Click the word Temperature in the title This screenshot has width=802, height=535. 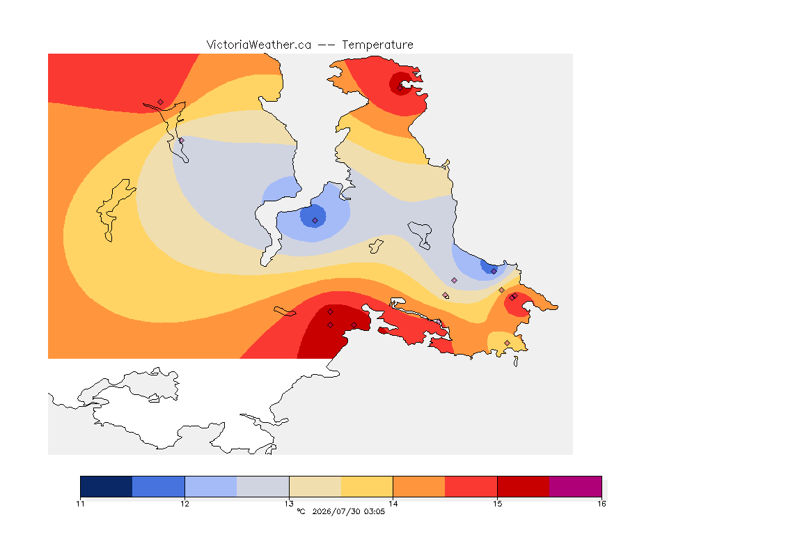[x=377, y=45]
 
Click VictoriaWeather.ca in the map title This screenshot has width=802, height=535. [x=259, y=45]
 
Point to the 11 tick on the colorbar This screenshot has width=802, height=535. [x=80, y=504]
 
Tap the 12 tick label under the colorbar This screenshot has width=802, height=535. [x=184, y=504]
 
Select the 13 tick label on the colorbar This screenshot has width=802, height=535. [x=289, y=504]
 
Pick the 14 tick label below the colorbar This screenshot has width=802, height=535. [x=393, y=504]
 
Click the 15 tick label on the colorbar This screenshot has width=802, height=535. [x=497, y=504]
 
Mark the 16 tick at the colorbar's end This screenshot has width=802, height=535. [x=601, y=504]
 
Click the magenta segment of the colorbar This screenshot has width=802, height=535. [x=576, y=486]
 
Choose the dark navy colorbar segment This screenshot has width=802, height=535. [x=107, y=486]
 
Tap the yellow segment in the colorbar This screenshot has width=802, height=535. [x=367, y=486]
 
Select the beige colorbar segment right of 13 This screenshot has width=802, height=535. [x=315, y=486]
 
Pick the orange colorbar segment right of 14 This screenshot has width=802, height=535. [x=419, y=486]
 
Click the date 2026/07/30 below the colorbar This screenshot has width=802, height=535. [x=335, y=511]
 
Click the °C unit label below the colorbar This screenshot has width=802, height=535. [x=301, y=511]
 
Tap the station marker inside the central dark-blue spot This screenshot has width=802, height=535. [x=315, y=221]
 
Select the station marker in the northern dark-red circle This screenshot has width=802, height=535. [x=400, y=88]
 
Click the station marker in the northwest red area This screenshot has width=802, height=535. [x=161, y=102]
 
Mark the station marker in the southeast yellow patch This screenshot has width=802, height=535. [x=507, y=343]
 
